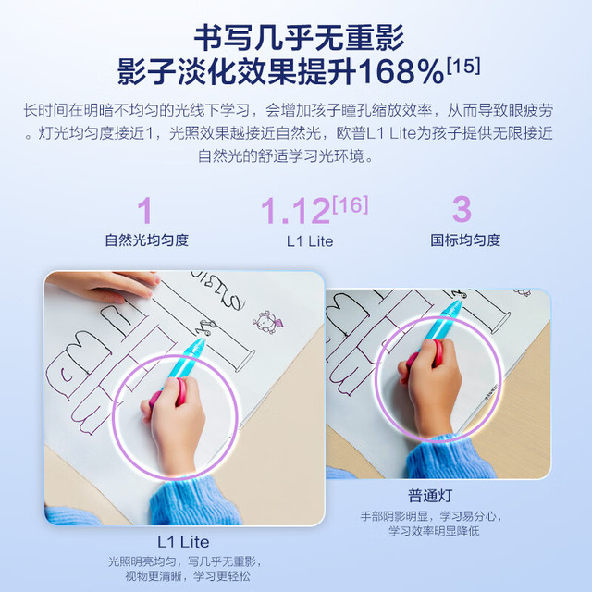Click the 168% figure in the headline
(401, 71)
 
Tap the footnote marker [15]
(463, 66)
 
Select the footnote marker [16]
(351, 205)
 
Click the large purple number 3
(462, 209)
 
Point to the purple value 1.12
(296, 211)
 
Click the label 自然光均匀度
(147, 240)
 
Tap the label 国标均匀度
(465, 240)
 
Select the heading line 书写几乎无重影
(299, 38)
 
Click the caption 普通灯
(430, 496)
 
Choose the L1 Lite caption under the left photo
(183, 542)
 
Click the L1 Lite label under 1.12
(310, 241)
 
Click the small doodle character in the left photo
(267, 322)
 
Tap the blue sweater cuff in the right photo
(450, 458)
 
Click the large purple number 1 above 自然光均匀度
(145, 211)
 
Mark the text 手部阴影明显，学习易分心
(431, 516)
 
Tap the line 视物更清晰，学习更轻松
(188, 576)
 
